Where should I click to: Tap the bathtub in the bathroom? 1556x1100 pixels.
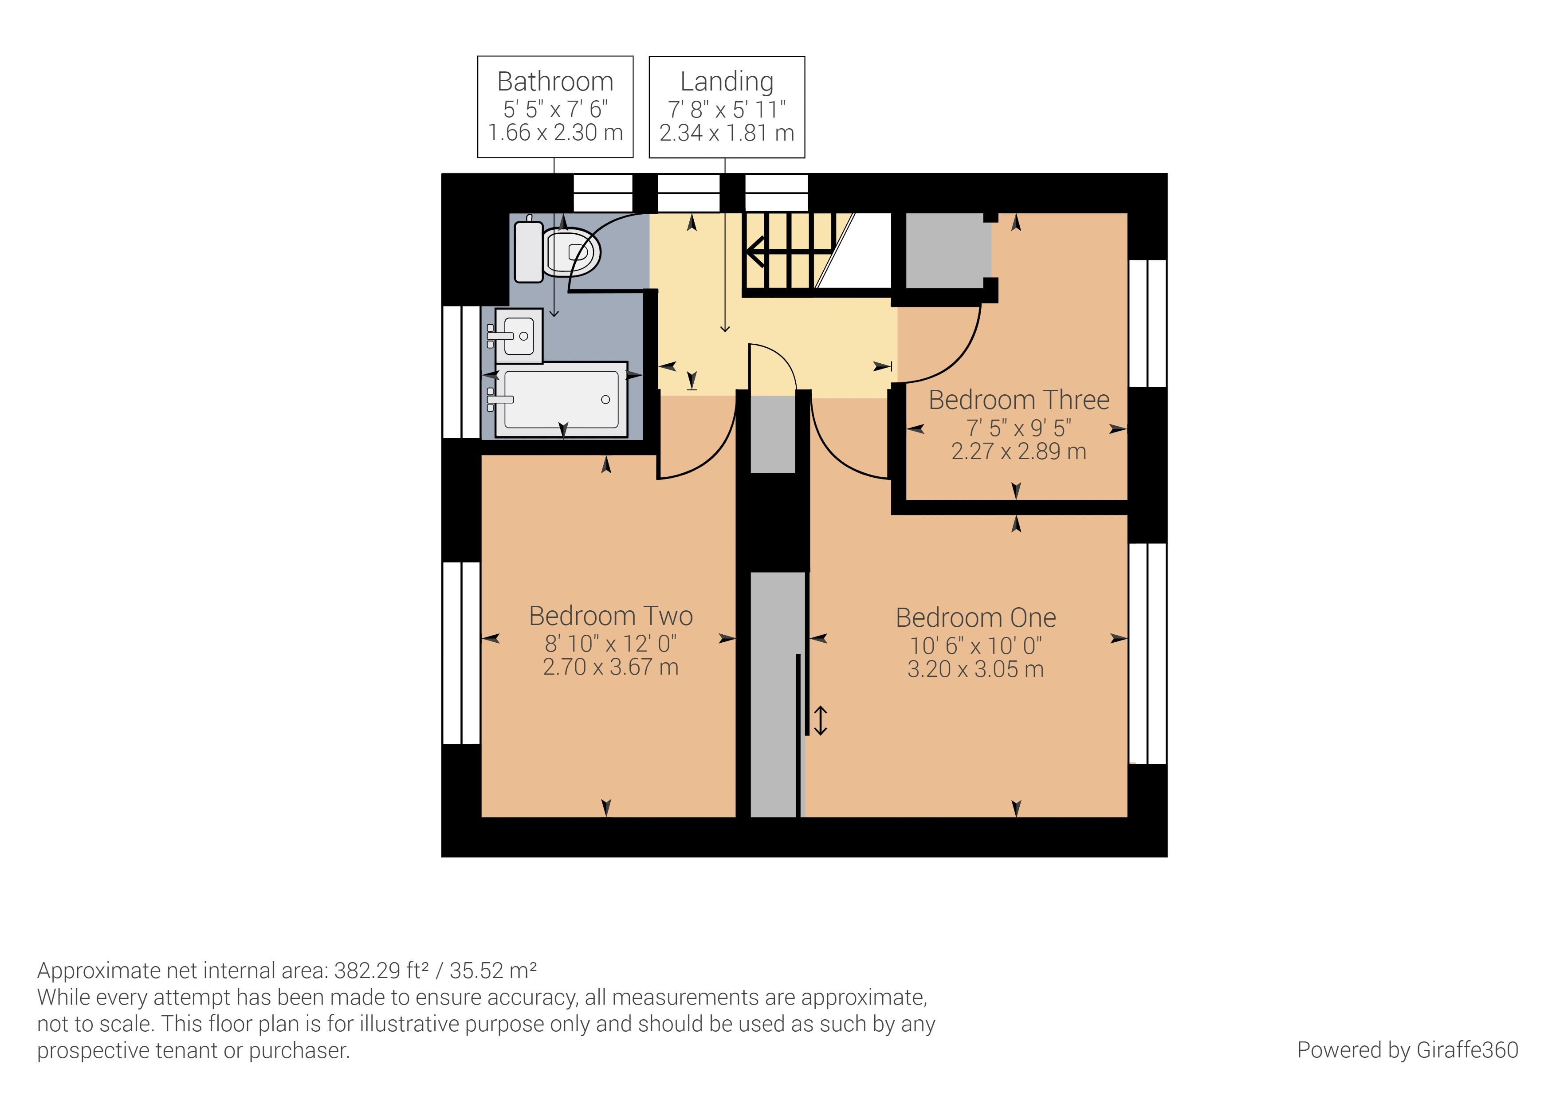pyautogui.click(x=561, y=400)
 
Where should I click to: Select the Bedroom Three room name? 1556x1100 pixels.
pyautogui.click(x=1018, y=400)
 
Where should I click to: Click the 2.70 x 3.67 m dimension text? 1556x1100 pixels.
pyautogui.click(x=611, y=667)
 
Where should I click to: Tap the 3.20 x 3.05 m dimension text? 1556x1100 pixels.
pyautogui.click(x=975, y=670)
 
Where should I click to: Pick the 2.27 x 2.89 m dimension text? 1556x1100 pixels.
pyautogui.click(x=1018, y=452)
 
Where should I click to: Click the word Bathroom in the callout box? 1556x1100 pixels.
pyautogui.click(x=555, y=81)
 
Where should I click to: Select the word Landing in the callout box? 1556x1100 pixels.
pyautogui.click(x=727, y=81)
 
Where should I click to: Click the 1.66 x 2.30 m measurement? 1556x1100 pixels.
pyautogui.click(x=555, y=133)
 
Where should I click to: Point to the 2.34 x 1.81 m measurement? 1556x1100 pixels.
pyautogui.click(x=727, y=133)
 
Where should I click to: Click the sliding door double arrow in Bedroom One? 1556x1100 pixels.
pyautogui.click(x=820, y=720)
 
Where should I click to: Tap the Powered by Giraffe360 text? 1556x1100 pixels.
pyautogui.click(x=1407, y=1050)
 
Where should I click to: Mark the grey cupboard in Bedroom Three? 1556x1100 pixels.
pyautogui.click(x=945, y=251)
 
